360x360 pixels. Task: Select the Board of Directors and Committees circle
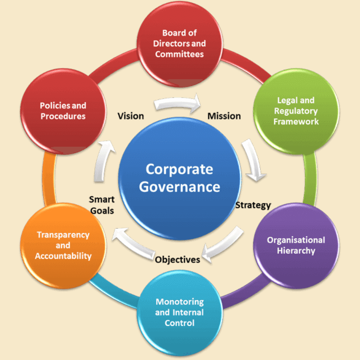click(180, 44)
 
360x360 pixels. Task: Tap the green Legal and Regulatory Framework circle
click(297, 111)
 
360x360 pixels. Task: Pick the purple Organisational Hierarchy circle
click(296, 245)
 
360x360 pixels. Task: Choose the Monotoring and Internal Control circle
click(180, 312)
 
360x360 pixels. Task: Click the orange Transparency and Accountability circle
click(63, 245)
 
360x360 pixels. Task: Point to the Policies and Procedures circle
click(63, 111)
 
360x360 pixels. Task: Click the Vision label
click(130, 116)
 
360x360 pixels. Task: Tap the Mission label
click(224, 116)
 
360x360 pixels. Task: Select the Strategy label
click(253, 205)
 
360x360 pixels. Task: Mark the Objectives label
click(177, 260)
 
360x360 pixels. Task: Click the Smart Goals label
click(102, 205)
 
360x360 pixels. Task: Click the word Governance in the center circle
click(179, 186)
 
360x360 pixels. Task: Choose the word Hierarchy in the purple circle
click(296, 251)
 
